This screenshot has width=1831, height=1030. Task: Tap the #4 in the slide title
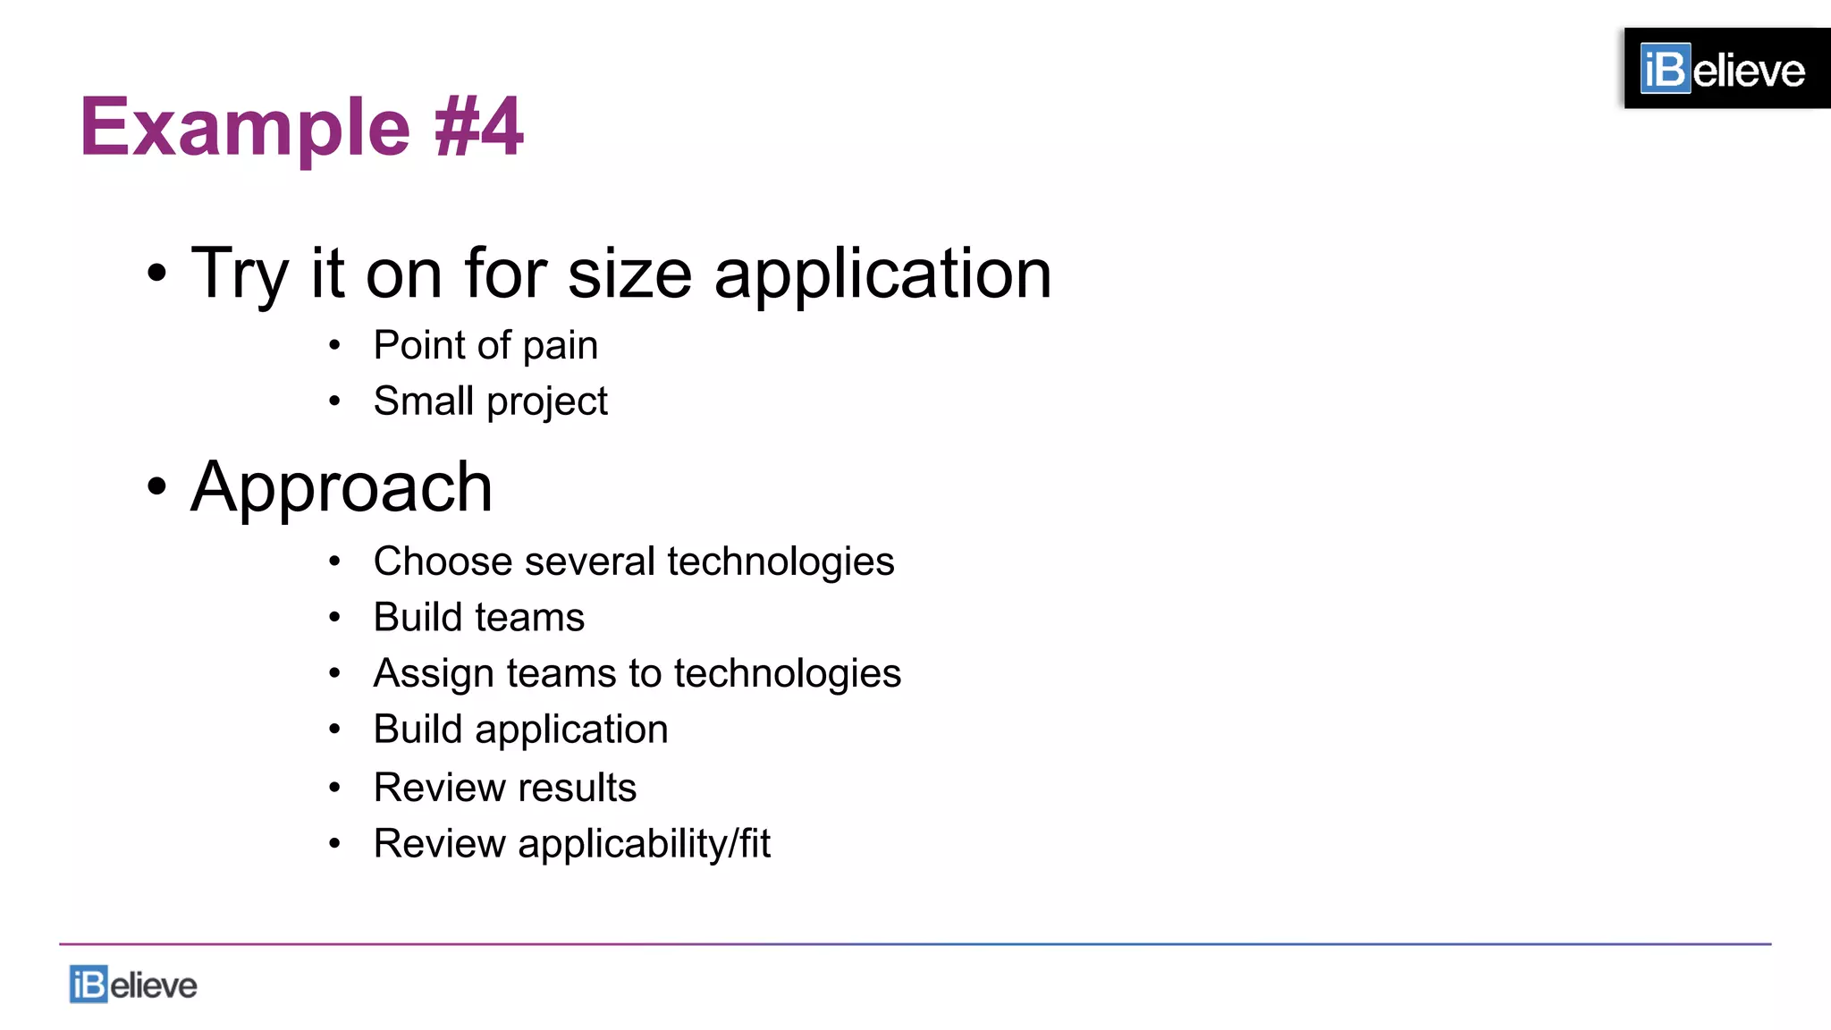(x=478, y=128)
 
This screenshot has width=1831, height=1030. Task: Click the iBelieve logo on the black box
(x=1722, y=70)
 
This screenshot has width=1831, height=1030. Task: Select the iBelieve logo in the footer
(x=133, y=984)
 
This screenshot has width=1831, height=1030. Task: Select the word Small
(x=423, y=401)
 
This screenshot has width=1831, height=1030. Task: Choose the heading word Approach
(x=342, y=487)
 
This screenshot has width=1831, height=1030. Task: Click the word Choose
(x=443, y=562)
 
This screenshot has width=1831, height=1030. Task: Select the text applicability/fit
(x=644, y=844)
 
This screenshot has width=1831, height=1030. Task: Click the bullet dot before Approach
(x=156, y=487)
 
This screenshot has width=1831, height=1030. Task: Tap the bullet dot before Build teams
(x=334, y=617)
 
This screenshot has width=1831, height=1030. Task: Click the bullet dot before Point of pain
(x=334, y=345)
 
